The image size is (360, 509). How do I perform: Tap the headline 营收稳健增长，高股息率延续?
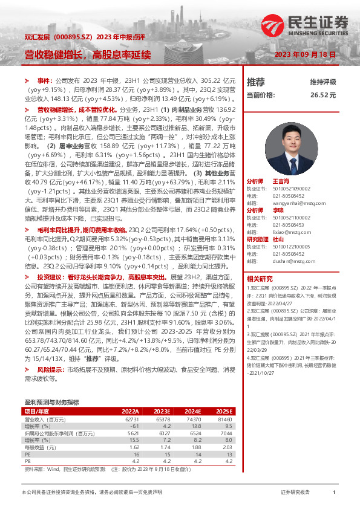[87, 55]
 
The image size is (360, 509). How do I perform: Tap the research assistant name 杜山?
[278, 239]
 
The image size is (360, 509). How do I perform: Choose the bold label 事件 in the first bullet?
[44, 80]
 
